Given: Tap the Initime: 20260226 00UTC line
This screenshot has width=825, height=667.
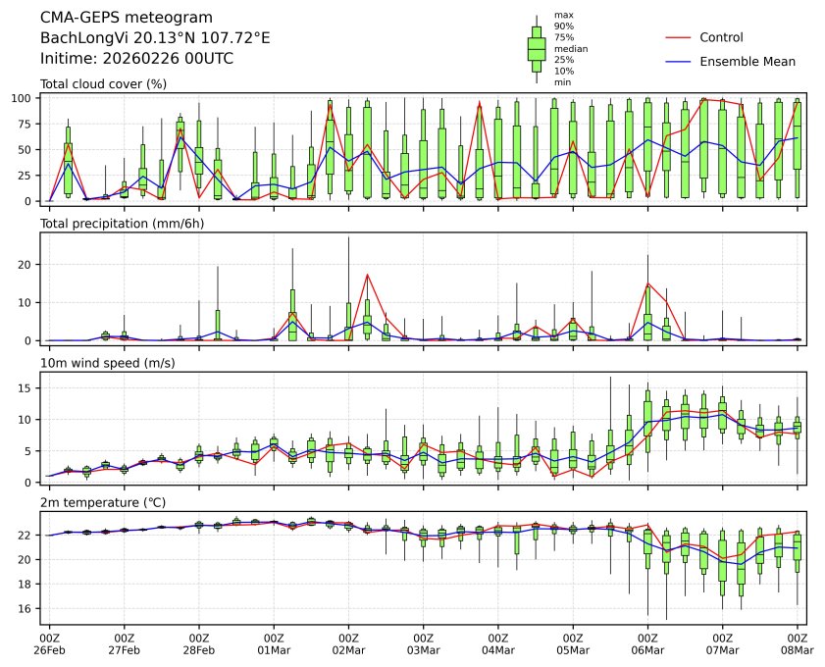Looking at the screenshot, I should [136, 59].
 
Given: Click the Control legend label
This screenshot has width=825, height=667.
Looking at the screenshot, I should [721, 37].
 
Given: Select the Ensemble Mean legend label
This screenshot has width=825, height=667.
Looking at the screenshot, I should [747, 61].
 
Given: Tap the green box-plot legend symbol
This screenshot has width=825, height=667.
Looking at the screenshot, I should [537, 48].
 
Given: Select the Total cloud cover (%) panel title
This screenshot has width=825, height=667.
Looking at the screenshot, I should [103, 84].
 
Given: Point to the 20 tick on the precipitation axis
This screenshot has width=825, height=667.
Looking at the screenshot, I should [29, 265].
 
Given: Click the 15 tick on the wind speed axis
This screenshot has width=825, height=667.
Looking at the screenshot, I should [29, 387].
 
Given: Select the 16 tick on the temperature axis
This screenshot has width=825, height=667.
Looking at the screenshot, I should [29, 609].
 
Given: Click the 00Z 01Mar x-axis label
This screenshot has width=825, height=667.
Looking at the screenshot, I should [274, 643].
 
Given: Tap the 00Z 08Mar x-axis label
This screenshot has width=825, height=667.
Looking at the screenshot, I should [797, 643].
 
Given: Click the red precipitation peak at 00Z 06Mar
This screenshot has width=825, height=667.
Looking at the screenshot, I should [647, 283].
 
